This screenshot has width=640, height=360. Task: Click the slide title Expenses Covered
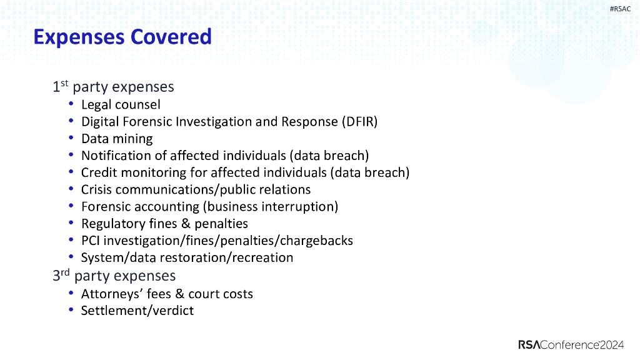pyautogui.click(x=122, y=37)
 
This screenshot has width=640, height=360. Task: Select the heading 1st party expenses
pyautogui.click(x=113, y=87)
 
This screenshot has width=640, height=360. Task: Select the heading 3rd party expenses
pyautogui.click(x=114, y=276)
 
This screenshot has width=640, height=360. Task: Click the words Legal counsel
pyautogui.click(x=121, y=104)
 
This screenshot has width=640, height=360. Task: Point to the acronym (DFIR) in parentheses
pyautogui.click(x=359, y=121)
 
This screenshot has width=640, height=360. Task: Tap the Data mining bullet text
pyautogui.click(x=117, y=139)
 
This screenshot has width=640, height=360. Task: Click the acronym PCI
pyautogui.click(x=91, y=241)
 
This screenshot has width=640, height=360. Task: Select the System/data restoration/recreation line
pyautogui.click(x=187, y=257)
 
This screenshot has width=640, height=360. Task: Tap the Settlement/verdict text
pyautogui.click(x=137, y=311)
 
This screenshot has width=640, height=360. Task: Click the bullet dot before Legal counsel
pyautogui.click(x=72, y=104)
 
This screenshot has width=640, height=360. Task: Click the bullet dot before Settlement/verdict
pyautogui.click(x=72, y=311)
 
